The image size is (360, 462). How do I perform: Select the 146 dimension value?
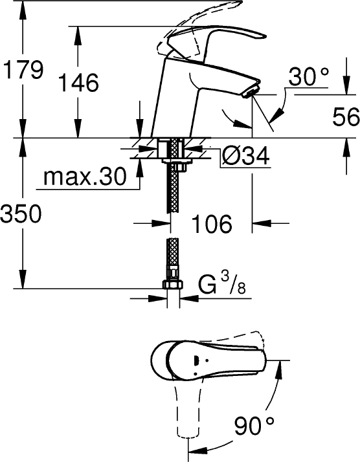78,83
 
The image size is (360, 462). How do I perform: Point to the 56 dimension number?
344,116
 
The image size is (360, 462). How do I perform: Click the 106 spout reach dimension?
212,224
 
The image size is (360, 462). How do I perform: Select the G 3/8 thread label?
221,285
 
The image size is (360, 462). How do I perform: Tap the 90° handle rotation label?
254,426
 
